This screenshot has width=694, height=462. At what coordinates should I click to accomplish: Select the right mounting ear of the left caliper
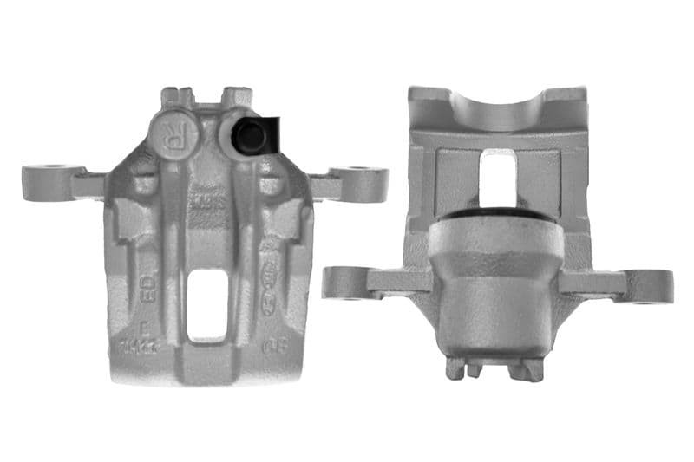point(356,182)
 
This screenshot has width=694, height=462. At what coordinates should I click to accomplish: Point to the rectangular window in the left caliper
point(208,303)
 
